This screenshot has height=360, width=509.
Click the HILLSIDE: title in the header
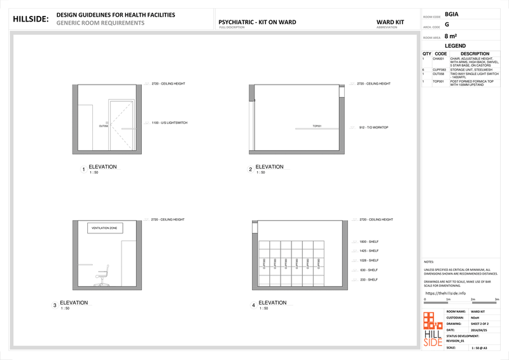click(31, 19)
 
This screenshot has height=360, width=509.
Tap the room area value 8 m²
click(451, 36)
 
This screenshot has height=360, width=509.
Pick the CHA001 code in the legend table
click(439, 59)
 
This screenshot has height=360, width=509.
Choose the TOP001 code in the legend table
click(438, 81)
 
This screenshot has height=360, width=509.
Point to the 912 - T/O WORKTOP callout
click(373, 128)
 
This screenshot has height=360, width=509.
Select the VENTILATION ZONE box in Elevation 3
click(105, 228)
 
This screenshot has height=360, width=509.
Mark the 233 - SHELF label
click(368, 279)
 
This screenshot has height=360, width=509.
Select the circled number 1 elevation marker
click(83, 170)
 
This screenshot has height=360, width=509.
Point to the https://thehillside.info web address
click(445, 293)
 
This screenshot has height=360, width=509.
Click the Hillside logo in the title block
click(433, 329)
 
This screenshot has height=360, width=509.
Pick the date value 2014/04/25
click(479, 329)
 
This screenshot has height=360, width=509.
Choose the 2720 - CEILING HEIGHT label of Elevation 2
click(373, 83)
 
